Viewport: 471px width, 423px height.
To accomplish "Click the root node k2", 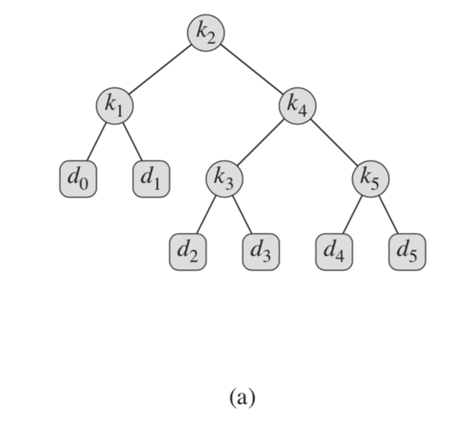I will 206,33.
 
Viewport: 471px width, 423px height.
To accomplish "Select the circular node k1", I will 114,106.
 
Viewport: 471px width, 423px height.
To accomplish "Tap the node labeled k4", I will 297,106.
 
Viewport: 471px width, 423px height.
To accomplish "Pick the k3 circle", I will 224,178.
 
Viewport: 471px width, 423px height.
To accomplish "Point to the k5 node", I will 370,178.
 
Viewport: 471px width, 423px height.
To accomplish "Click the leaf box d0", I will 78,178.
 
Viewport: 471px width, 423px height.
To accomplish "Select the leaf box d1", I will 151,178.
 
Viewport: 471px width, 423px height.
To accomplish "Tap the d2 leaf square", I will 187,251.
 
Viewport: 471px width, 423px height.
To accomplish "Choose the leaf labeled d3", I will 261,251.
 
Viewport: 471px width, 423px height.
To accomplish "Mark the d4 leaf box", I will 334,251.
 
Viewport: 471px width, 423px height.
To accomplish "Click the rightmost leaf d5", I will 407,251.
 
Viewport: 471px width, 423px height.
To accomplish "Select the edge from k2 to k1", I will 160,69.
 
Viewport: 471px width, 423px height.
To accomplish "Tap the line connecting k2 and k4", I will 252,69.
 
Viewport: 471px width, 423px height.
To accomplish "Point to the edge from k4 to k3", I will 261,142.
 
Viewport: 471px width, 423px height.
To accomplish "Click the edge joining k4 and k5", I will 334,142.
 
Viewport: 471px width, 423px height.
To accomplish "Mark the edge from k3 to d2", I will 207,214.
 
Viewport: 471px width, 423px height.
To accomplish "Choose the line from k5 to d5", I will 388,214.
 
